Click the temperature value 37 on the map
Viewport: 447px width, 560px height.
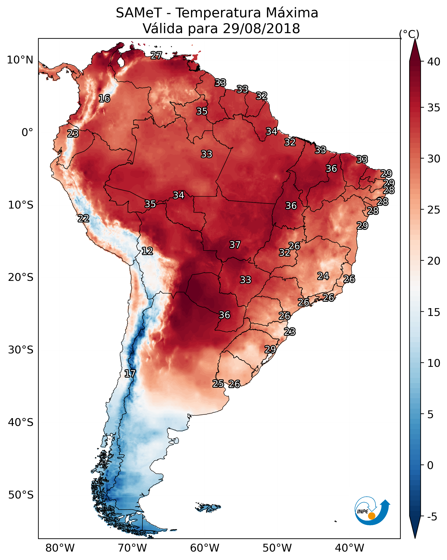[x=235, y=245]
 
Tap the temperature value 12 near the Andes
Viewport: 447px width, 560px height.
[x=147, y=251]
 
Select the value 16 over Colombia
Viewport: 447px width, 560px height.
[x=104, y=99]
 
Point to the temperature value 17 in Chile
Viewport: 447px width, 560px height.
[x=130, y=374]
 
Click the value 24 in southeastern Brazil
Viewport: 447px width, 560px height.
[x=323, y=276]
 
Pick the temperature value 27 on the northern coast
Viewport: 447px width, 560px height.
[x=156, y=55]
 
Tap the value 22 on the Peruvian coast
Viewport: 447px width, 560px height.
[x=83, y=218]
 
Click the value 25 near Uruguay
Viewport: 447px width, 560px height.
[x=218, y=384]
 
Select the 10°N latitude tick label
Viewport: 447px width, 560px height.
[x=20, y=60]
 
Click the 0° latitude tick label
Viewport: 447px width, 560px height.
[x=27, y=133]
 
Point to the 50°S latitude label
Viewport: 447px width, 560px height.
[x=21, y=495]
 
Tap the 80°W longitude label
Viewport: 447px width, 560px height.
[x=60, y=548]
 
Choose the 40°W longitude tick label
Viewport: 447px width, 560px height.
[x=349, y=548]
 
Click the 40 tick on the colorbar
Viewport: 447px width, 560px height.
[x=434, y=62]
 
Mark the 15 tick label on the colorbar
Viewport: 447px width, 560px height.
[x=434, y=312]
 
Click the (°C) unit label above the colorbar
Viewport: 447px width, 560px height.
[x=409, y=34]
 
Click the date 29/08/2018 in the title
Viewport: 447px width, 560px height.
[x=261, y=29]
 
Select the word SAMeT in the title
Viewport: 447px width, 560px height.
[x=139, y=13]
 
